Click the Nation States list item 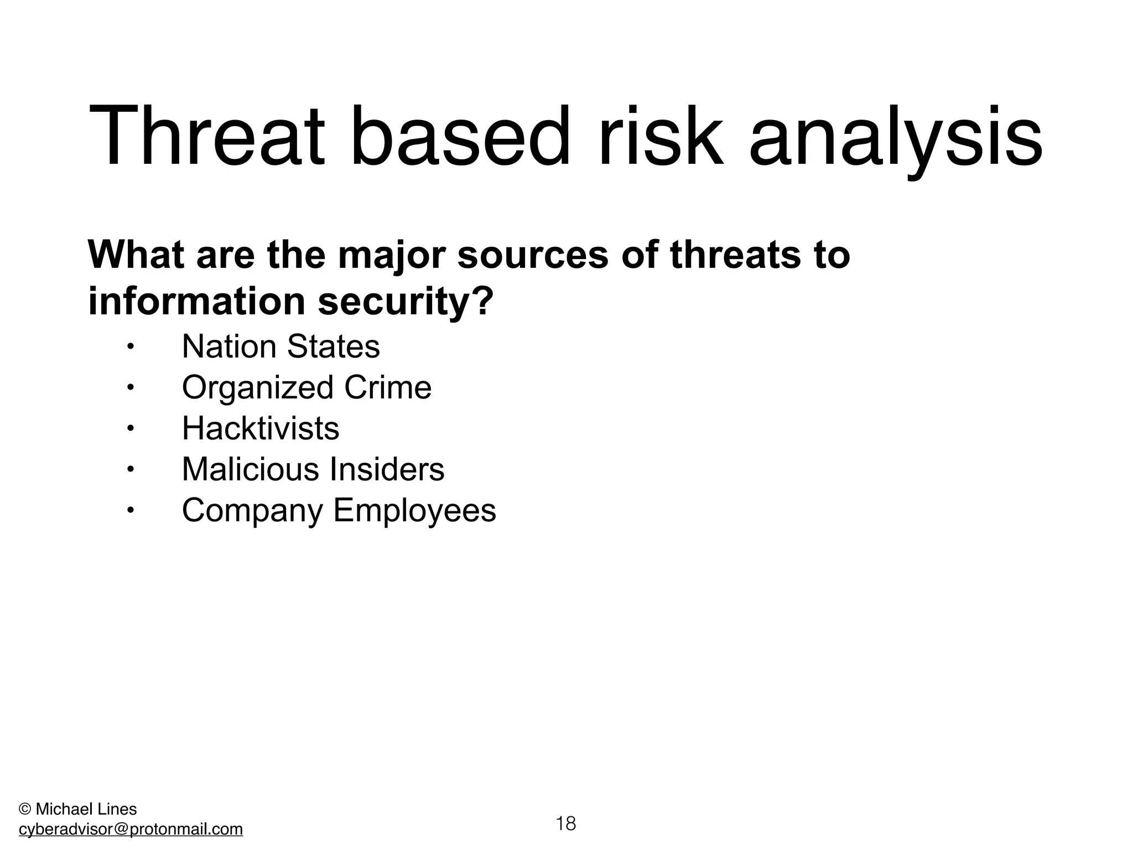pos(280,347)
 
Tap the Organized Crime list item pos(306,387)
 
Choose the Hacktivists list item pos(260,428)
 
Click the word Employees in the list pos(414,510)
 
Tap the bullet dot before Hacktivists pos(129,428)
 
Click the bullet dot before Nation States pos(129,347)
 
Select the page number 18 pos(565,823)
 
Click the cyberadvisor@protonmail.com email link pos(131,829)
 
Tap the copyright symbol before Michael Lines pos(24,810)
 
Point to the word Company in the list pos(252,510)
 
